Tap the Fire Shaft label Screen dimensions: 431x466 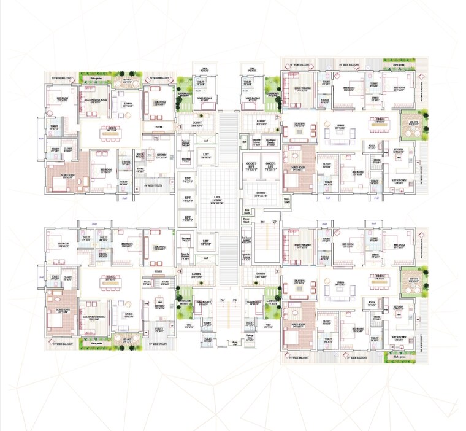[246, 211]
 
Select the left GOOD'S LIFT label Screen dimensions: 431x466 [251, 165]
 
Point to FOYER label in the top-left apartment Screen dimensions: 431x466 [158, 128]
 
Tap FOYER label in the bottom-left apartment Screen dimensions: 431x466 [158, 268]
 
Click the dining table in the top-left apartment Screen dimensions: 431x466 [113, 133]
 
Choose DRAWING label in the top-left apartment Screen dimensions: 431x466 [159, 103]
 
